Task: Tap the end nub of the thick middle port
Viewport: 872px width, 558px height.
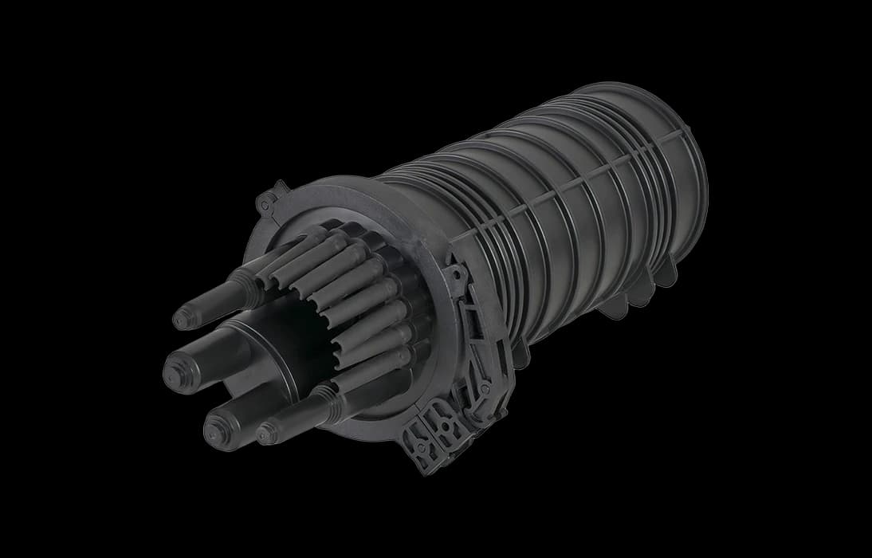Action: click(175, 369)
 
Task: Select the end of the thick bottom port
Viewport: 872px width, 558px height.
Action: click(214, 434)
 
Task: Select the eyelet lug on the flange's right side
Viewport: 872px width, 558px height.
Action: click(456, 276)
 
